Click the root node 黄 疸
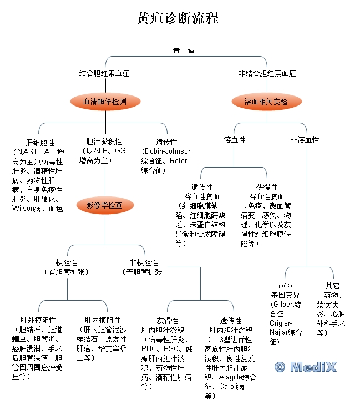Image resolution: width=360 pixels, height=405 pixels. [x=184, y=51]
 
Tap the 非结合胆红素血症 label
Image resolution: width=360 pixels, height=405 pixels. [x=267, y=73]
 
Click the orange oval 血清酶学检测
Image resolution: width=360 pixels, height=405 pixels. [x=105, y=102]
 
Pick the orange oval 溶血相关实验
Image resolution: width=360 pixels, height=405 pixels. [x=266, y=102]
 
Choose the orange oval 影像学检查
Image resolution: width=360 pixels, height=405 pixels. [x=105, y=205]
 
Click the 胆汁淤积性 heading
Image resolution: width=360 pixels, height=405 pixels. [x=104, y=141]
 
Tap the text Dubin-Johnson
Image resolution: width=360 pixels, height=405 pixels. [x=167, y=151]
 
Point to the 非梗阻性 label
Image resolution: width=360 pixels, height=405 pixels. [x=144, y=262]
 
